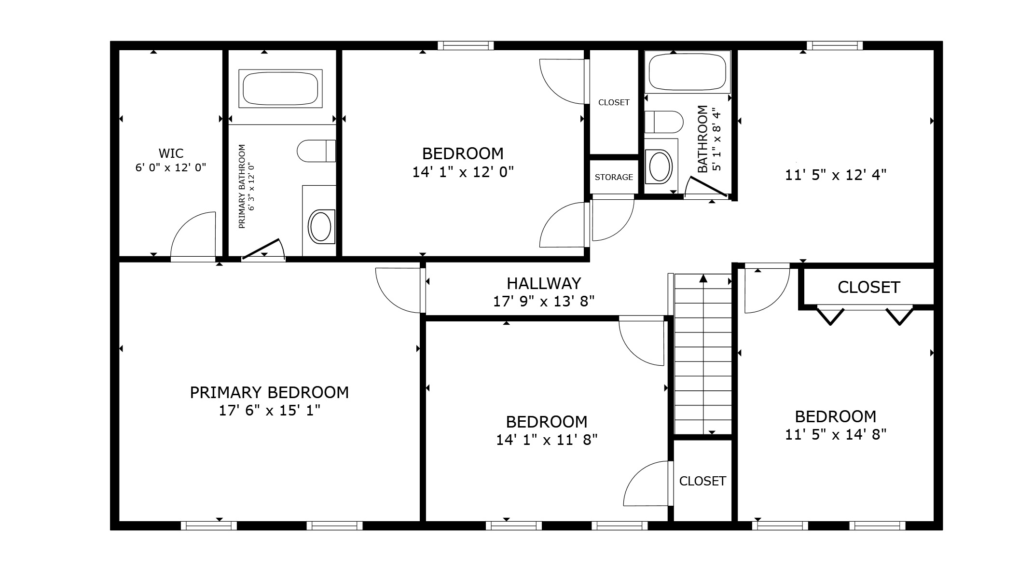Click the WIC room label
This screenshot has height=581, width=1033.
click(x=171, y=153)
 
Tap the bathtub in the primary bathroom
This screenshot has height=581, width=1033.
click(x=280, y=89)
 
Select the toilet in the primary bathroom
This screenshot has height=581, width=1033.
click(x=316, y=151)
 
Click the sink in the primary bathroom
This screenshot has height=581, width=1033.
click(x=320, y=226)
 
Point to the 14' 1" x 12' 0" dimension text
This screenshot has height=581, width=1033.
click(x=463, y=172)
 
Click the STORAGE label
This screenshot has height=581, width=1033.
click(x=614, y=178)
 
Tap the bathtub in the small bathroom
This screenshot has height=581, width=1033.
click(x=688, y=72)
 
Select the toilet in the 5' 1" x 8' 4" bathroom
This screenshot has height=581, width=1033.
click(x=664, y=122)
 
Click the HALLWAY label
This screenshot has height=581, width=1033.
click(x=543, y=283)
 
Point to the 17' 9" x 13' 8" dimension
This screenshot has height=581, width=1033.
click(x=543, y=302)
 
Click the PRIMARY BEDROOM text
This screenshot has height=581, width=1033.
click(x=269, y=393)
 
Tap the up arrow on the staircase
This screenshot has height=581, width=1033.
click(x=703, y=278)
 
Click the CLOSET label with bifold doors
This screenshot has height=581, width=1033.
click(x=868, y=288)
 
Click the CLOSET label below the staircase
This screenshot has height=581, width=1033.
click(x=702, y=481)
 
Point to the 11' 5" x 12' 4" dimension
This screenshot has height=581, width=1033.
click(x=836, y=175)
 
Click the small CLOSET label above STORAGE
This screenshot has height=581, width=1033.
click(x=614, y=102)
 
